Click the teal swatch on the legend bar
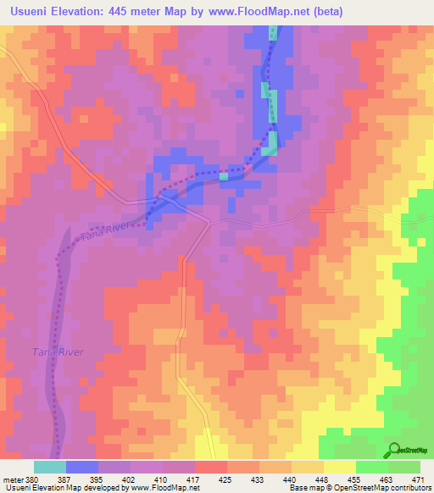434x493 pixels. click(50, 466)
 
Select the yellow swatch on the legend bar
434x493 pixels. click(340, 466)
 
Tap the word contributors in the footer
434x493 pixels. click(405, 488)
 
